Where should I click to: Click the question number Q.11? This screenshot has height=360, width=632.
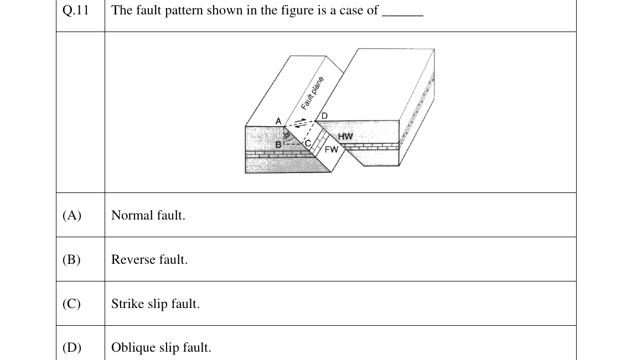coord(75,10)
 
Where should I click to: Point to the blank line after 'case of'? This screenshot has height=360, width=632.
coord(402,15)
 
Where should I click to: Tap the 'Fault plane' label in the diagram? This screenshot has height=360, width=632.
coord(312,93)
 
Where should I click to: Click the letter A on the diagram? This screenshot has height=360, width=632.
coord(278,121)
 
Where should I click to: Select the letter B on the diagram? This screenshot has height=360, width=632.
coord(278,144)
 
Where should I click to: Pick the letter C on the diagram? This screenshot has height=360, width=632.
coord(308,143)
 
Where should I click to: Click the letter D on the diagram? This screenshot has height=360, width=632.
coord(324,116)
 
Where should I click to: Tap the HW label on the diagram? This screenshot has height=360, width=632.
coord(345,137)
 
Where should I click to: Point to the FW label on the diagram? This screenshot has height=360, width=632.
coord(331,150)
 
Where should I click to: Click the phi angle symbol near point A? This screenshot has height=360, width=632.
coord(287,134)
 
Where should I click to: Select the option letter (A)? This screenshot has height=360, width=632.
coord(72,216)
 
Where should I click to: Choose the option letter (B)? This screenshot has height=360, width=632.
coord(71,260)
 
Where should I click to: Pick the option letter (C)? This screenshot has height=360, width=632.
coord(71,304)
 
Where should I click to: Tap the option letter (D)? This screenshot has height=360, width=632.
coord(72,347)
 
